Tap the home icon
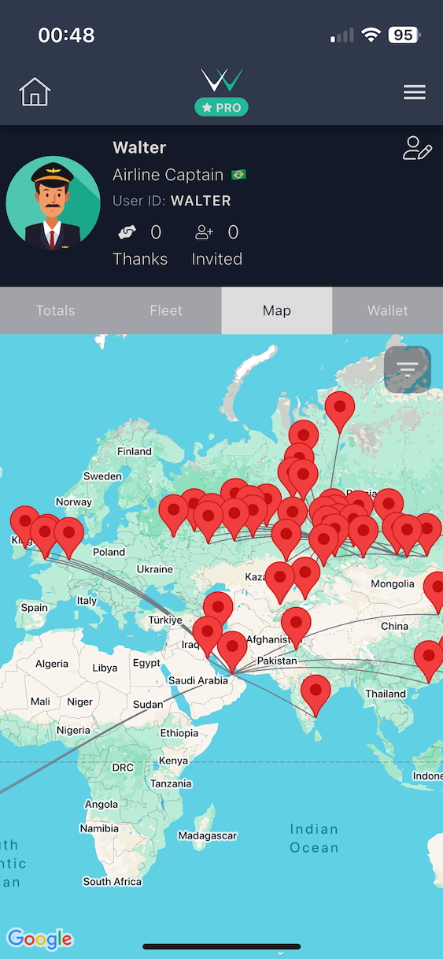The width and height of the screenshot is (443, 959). tap(35, 92)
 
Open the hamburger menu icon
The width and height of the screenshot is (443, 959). tap(415, 92)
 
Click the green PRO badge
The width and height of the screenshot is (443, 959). tap(221, 107)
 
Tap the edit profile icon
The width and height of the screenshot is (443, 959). tap(417, 148)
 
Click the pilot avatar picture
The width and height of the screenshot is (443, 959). tap(53, 203)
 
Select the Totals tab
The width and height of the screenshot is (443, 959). tap(55, 310)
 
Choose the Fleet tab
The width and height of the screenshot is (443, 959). tap(166, 310)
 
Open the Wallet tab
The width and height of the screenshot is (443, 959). tap(388, 310)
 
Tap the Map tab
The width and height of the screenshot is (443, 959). tap(277, 310)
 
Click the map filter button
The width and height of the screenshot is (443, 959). tap(408, 369)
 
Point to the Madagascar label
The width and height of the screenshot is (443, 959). tap(208, 835)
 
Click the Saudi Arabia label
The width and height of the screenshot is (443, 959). tap(198, 680)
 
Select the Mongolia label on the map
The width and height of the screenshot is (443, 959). tap(392, 583)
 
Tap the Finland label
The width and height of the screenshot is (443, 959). tap(135, 451)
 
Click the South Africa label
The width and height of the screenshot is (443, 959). tap(113, 881)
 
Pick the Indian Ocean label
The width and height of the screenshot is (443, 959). tap(314, 838)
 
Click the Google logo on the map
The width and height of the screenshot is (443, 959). tap(39, 939)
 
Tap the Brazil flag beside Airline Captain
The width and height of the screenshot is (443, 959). tap(238, 175)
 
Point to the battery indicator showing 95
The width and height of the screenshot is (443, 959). tap(404, 35)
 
